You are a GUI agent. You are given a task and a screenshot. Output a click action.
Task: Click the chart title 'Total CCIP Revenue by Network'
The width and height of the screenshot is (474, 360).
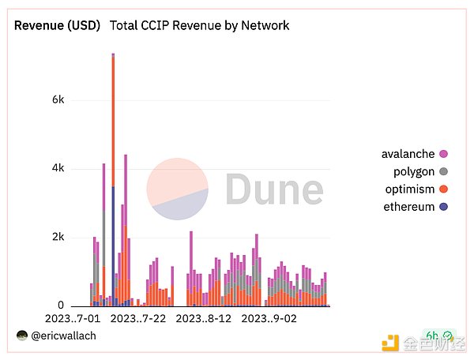[199, 25]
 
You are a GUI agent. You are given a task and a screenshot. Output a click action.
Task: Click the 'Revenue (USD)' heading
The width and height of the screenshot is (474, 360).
[58, 25]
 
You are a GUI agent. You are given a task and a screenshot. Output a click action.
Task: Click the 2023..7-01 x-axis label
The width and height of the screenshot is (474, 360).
[73, 319]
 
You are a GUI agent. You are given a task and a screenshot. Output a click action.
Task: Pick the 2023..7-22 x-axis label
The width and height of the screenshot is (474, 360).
[138, 319]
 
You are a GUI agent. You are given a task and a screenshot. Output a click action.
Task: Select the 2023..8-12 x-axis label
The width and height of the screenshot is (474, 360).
[203, 319]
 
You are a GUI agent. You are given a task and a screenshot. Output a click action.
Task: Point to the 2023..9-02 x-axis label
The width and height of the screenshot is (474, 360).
[269, 319]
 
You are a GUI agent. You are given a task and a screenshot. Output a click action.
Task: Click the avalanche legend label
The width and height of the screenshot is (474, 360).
[408, 154]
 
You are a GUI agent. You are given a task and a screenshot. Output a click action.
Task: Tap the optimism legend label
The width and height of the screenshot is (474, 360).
[408, 189]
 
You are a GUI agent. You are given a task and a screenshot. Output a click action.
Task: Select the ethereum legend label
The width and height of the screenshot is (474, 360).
[408, 207]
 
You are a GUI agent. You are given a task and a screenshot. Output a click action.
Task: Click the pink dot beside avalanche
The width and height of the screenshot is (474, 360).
[443, 154]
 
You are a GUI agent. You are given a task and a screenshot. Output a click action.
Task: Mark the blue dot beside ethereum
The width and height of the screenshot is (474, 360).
[443, 208]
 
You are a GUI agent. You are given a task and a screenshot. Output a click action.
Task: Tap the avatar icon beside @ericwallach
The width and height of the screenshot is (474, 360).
[22, 336]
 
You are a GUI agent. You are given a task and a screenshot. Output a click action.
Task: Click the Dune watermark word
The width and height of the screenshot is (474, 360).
[274, 189]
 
